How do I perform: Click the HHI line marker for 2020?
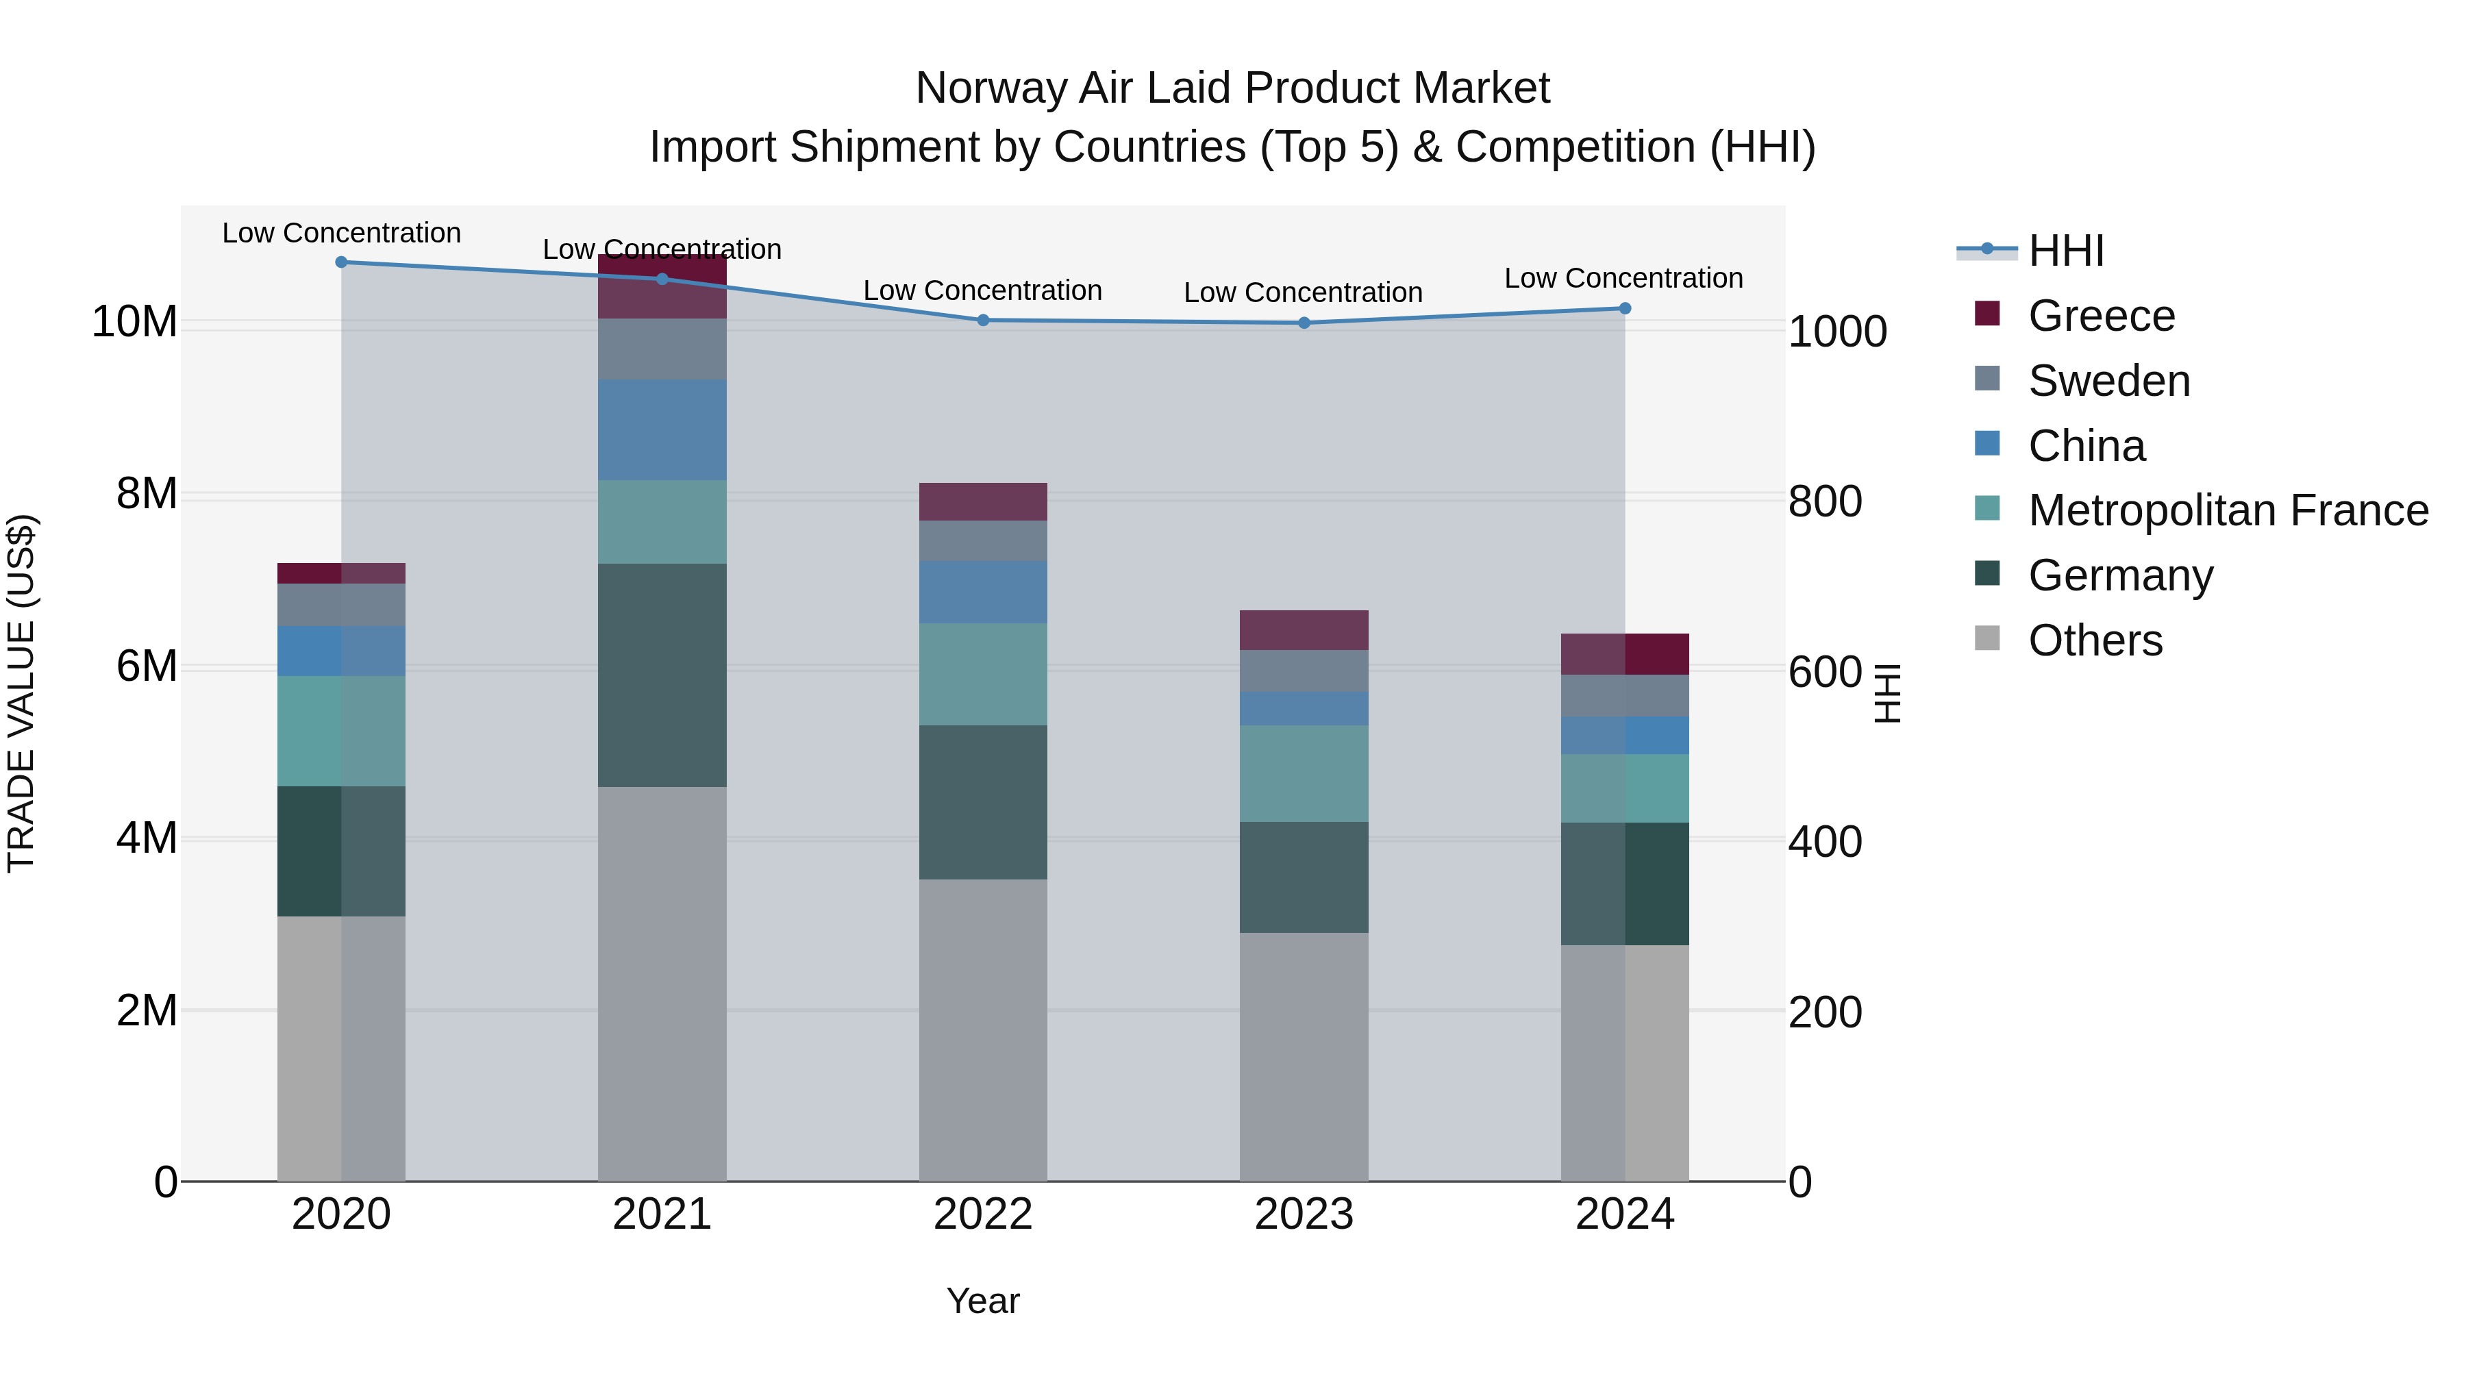click(341, 262)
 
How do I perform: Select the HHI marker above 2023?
click(1304, 323)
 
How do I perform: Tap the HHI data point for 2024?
click(1625, 308)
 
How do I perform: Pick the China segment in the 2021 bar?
click(662, 429)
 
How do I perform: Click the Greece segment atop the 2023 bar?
click(1304, 630)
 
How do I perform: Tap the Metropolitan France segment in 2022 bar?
click(982, 674)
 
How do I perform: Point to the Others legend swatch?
click(1987, 638)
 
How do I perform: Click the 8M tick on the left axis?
click(147, 494)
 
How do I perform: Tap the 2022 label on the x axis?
click(982, 1214)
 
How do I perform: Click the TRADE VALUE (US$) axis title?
click(21, 693)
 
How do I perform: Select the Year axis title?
click(982, 1301)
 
